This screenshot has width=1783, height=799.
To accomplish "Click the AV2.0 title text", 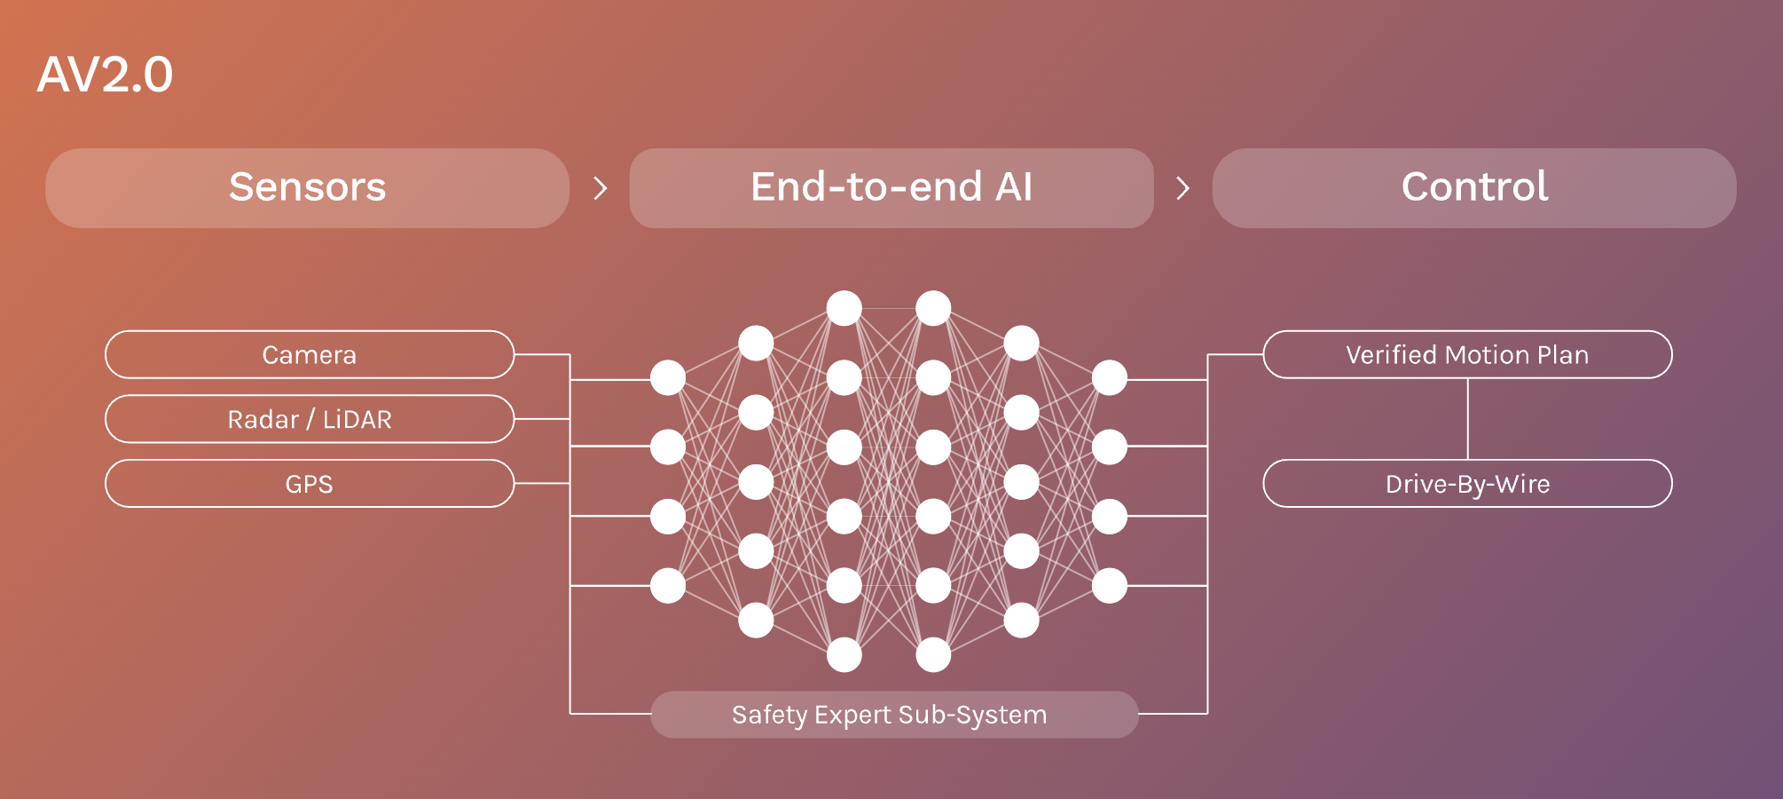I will (x=105, y=75).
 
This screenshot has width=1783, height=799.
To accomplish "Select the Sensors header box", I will (x=307, y=187).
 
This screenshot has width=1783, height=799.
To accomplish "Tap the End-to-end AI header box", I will (x=891, y=187).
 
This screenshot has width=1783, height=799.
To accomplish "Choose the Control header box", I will (x=1473, y=187).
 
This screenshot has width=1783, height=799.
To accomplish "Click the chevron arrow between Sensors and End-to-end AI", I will (x=601, y=187).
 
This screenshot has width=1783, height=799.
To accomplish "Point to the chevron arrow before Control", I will (x=1182, y=187).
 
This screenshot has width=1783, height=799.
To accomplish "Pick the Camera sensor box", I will (x=309, y=354).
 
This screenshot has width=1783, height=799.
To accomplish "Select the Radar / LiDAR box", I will (x=309, y=419).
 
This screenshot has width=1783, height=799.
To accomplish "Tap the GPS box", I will (x=309, y=484).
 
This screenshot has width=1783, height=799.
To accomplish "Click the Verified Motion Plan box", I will (x=1467, y=354).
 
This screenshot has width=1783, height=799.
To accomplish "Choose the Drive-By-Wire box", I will (x=1467, y=484).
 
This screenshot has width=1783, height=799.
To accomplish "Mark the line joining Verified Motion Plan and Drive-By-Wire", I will (x=1468, y=419).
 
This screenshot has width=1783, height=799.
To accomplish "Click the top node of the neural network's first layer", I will (x=668, y=378).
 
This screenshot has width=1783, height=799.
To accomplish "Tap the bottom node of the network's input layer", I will (x=668, y=586).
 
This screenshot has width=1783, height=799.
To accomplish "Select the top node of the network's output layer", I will (x=1110, y=378).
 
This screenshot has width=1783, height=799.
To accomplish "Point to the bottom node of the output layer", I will (x=1110, y=586).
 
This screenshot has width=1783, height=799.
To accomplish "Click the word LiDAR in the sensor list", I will (x=357, y=419).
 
